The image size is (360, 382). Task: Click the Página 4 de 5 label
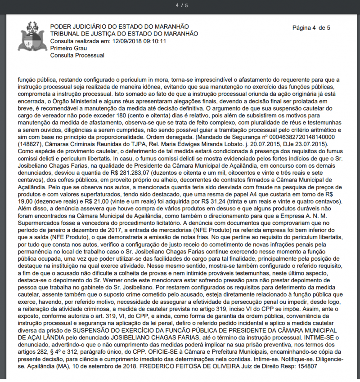311,28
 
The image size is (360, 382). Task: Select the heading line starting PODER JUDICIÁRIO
119,27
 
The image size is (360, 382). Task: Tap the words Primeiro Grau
68,49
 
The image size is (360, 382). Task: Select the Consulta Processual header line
77,56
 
